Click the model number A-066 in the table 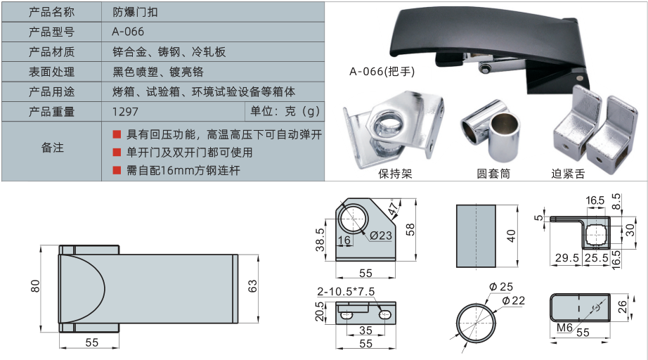128,32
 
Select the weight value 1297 125,112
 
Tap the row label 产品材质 52,51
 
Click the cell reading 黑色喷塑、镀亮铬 158,72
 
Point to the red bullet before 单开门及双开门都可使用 117,153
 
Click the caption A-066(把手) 382,72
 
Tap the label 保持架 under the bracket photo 395,174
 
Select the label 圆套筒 493,174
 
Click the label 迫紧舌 568,174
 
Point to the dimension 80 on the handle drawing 36,286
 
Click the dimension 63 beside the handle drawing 252,286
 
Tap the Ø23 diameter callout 381,236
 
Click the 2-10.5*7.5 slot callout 346,291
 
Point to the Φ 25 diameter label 501,286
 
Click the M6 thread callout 564,328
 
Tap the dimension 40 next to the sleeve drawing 511,236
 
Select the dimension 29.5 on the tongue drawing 567,258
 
